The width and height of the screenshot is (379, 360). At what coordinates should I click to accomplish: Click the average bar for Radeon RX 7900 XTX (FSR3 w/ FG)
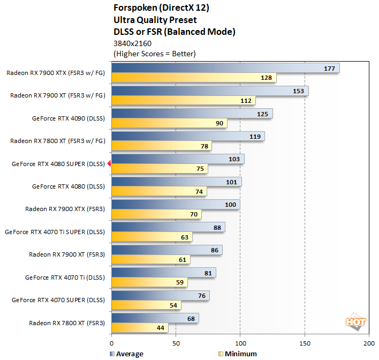(x=225, y=69)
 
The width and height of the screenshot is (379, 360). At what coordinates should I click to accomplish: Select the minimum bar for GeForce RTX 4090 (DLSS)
(x=169, y=124)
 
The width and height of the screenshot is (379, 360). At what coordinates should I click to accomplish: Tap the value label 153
(x=299, y=91)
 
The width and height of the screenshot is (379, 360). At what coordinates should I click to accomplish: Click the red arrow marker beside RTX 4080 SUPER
(x=109, y=164)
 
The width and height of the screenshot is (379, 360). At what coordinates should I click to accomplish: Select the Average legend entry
(x=126, y=354)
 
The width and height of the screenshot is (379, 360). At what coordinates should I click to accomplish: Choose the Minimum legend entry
(x=238, y=354)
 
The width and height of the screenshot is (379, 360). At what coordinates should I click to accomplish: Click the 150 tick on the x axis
(x=305, y=343)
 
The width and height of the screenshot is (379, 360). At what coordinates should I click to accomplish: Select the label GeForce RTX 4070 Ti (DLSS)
(x=65, y=277)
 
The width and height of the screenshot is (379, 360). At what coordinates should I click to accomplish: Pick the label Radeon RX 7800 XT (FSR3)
(x=67, y=323)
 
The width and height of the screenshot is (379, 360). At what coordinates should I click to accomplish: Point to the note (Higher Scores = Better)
(x=155, y=54)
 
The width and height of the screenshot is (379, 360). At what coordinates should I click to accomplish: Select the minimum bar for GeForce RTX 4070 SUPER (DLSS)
(x=146, y=305)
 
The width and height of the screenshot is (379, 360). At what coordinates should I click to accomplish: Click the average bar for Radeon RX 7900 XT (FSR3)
(x=166, y=250)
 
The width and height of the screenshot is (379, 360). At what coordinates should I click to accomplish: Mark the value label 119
(x=255, y=137)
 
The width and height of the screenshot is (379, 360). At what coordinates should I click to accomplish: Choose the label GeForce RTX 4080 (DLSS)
(x=68, y=186)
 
